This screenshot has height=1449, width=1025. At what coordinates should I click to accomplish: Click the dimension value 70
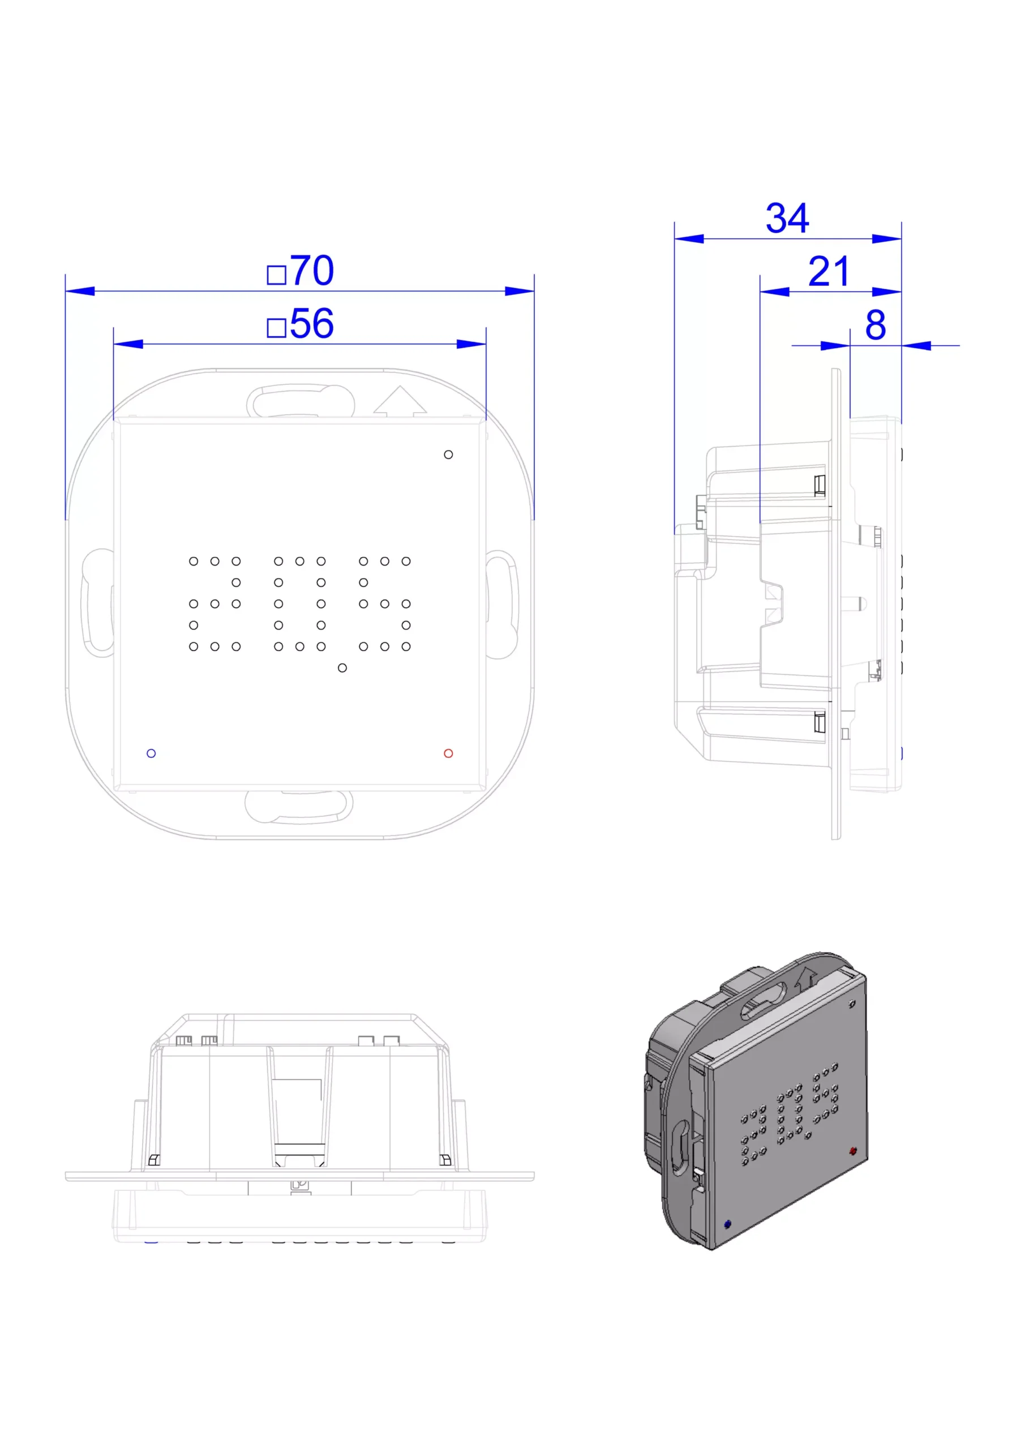312,271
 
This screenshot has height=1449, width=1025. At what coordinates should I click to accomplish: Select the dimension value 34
787,218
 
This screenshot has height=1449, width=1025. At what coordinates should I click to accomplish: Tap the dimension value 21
829,272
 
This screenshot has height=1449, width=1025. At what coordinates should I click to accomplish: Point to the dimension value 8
876,325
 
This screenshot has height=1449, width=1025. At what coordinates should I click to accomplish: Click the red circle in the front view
448,753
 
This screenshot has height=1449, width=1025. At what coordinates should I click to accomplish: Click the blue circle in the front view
151,753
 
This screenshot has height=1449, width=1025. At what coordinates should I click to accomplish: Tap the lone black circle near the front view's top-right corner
448,455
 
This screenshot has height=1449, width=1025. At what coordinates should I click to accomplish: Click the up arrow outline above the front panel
400,401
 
